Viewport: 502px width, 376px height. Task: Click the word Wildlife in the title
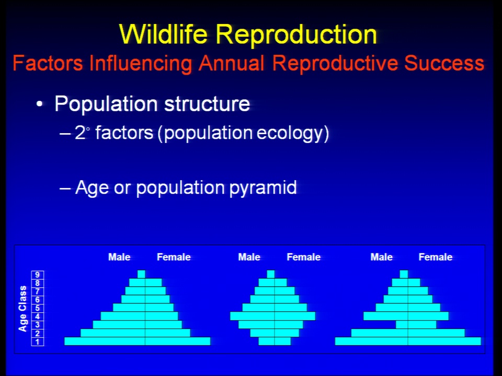coord(163,34)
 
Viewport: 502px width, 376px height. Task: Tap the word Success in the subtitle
coord(444,63)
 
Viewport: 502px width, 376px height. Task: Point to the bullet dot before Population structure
coord(39,104)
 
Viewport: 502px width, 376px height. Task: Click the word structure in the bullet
coord(207,103)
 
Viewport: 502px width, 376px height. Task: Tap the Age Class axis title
coord(22,309)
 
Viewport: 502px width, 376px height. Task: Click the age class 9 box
coord(38,275)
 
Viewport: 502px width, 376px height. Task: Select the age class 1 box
coord(38,342)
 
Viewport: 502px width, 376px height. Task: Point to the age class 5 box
coord(38,308)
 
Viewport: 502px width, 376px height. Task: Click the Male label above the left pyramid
coord(119,257)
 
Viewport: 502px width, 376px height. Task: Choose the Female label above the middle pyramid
coord(303,257)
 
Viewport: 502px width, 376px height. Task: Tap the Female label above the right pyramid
coord(436,257)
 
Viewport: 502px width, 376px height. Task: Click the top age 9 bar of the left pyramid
coord(141,274)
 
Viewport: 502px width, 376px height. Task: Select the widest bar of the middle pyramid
coord(273,316)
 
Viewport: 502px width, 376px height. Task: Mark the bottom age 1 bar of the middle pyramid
coord(275,341)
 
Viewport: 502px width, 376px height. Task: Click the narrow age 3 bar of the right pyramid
coord(416,324)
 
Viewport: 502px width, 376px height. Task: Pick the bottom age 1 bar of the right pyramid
coord(408,341)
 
